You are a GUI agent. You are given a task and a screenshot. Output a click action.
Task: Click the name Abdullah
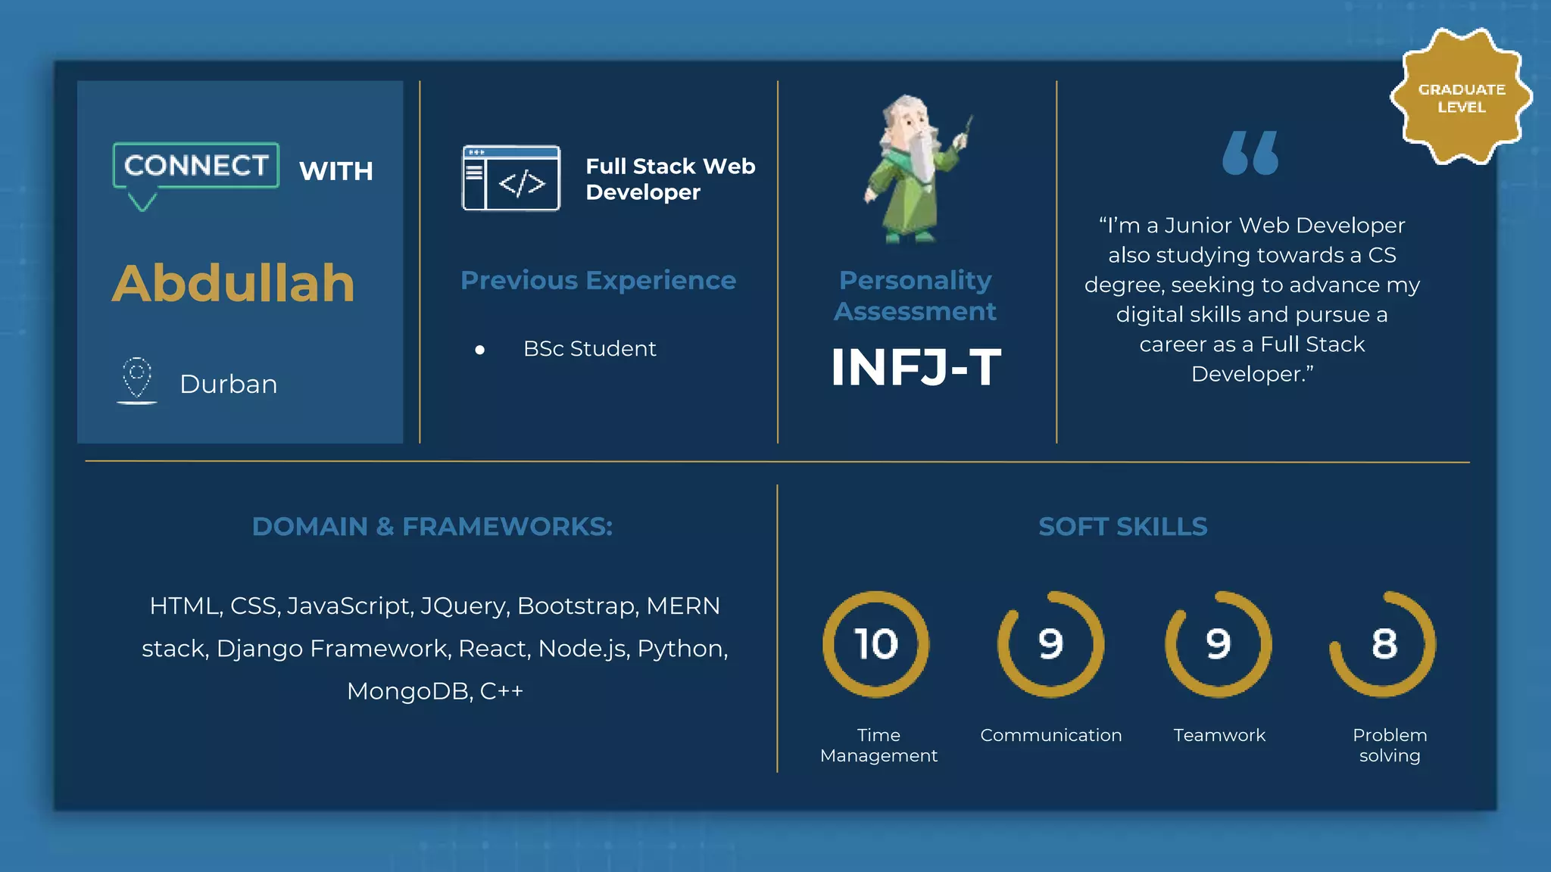pyautogui.click(x=233, y=284)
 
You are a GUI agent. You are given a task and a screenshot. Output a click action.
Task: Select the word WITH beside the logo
pyautogui.click(x=336, y=172)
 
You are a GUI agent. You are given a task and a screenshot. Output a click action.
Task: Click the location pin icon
pyautogui.click(x=137, y=378)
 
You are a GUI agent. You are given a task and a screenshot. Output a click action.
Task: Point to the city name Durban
pyautogui.click(x=228, y=385)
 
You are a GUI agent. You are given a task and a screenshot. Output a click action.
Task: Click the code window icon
pyautogui.click(x=511, y=179)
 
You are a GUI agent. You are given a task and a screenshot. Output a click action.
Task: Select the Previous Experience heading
pyautogui.click(x=598, y=281)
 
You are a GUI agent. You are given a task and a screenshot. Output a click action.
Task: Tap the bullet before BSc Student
pyautogui.click(x=479, y=350)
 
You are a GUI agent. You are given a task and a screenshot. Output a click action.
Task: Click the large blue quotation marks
pyautogui.click(x=1250, y=154)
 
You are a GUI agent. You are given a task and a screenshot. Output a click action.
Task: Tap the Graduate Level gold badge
pyautogui.click(x=1461, y=97)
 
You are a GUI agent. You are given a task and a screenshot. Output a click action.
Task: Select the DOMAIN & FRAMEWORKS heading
pyautogui.click(x=432, y=527)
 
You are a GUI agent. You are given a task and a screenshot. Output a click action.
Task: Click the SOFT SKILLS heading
pyautogui.click(x=1122, y=527)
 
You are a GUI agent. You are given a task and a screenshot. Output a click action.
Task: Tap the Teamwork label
pyautogui.click(x=1219, y=735)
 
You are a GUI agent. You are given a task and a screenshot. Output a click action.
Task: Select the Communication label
pyautogui.click(x=1050, y=735)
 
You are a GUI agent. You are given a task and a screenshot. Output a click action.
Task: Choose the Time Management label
pyautogui.click(x=878, y=745)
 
